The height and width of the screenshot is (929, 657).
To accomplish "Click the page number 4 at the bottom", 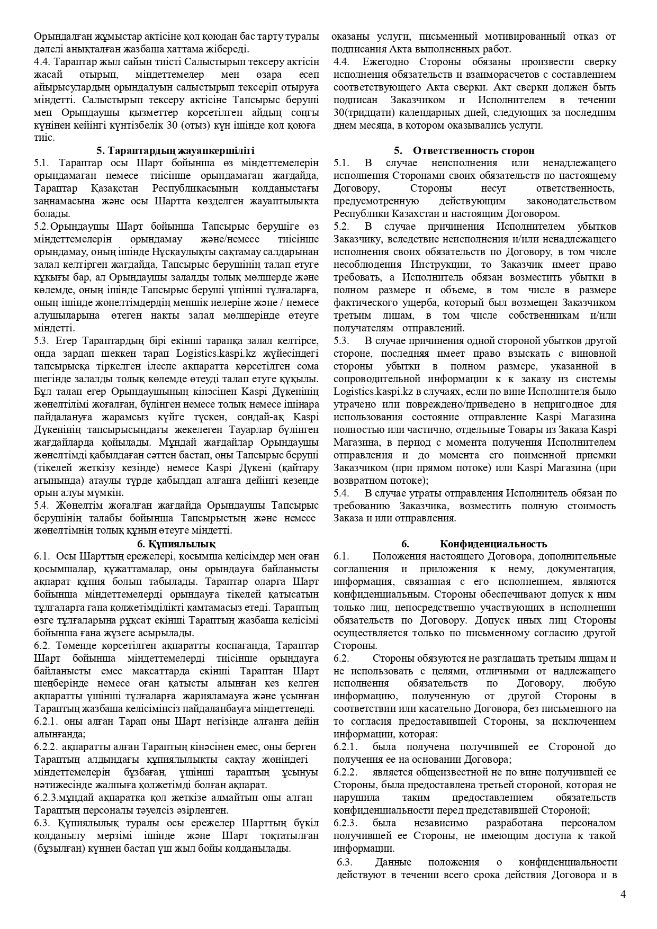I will [623, 895].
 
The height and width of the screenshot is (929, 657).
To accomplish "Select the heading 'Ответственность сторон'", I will [473, 150].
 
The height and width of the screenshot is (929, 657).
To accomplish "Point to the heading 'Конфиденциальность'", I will [493, 544].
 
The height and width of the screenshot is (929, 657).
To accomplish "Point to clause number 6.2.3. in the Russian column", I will [345, 823].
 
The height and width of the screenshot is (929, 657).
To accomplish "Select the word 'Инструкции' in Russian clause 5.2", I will [436, 264].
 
